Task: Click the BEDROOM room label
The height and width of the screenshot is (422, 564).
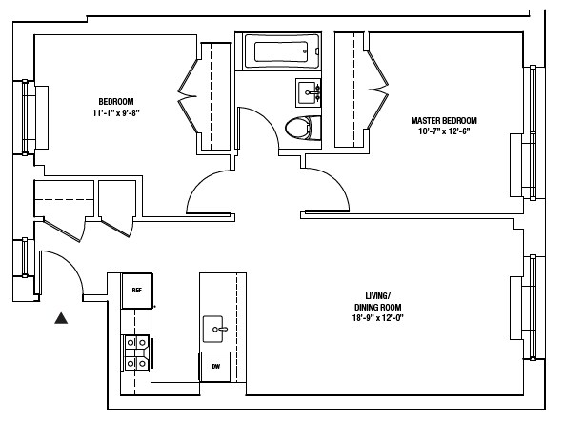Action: pos(115,102)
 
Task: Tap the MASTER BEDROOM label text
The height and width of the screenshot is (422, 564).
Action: pos(443,121)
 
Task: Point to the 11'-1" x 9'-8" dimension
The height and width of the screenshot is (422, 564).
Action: pos(115,113)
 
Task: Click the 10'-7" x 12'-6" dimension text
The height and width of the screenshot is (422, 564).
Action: pos(443,132)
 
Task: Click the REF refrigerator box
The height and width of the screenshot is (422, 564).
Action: pos(137,290)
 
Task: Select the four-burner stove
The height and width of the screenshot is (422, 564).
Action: pos(135,352)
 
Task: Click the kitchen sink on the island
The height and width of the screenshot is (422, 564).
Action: pos(216,330)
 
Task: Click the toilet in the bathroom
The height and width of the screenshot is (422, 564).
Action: pos(302,127)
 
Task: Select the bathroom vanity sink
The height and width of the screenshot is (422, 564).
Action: pos(309,93)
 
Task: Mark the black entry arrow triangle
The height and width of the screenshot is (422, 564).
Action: pos(62,319)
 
